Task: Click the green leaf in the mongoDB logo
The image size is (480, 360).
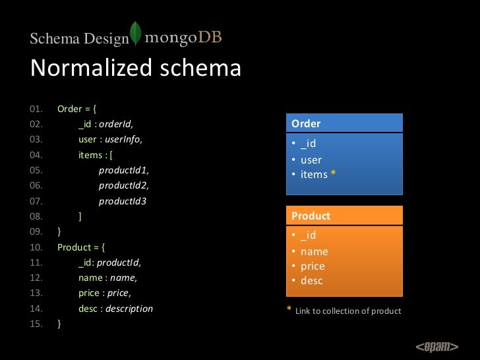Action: (136, 34)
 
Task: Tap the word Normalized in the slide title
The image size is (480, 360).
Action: (86, 68)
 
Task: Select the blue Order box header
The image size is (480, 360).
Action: (344, 123)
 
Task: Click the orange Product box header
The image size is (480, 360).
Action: (344, 216)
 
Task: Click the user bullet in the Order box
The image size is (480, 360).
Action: (311, 160)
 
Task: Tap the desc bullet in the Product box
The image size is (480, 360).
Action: (311, 281)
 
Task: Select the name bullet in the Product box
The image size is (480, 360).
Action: (314, 251)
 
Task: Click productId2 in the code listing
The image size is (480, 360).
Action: (123, 185)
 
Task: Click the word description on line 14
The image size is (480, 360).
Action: (129, 309)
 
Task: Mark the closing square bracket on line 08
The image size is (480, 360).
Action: (80, 216)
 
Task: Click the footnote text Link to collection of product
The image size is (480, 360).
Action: (348, 311)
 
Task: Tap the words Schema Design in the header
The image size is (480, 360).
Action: (79, 40)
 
